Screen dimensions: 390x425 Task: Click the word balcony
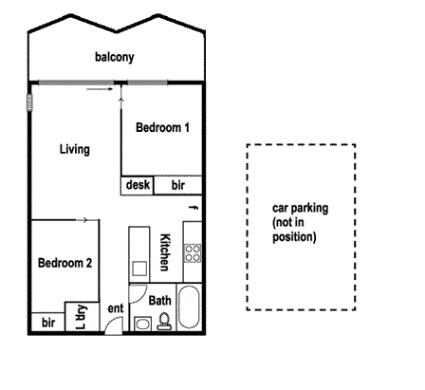(x=114, y=58)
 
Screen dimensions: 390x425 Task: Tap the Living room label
(x=74, y=150)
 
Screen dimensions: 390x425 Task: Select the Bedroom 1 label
(x=162, y=127)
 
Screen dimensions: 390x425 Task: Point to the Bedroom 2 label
(x=65, y=263)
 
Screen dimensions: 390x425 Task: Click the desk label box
(x=138, y=186)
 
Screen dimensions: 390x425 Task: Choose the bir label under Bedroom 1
(x=178, y=186)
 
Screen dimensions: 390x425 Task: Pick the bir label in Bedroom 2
(x=47, y=324)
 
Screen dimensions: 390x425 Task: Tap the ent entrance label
(x=116, y=308)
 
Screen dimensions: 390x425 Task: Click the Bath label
(x=160, y=301)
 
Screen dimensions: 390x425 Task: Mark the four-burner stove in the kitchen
(x=193, y=254)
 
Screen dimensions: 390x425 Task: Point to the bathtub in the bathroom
(x=190, y=308)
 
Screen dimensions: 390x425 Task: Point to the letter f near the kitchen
(x=193, y=207)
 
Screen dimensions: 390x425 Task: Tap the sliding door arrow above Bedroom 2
(x=84, y=220)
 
